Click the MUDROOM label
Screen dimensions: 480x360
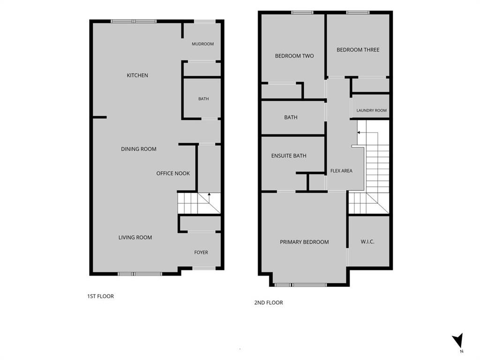click(x=202, y=44)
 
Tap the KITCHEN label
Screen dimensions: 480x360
click(x=137, y=75)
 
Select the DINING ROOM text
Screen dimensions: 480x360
click(x=139, y=149)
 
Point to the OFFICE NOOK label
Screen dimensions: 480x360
click(x=173, y=173)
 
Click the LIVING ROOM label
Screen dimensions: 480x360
click(x=135, y=237)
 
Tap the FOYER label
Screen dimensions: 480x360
click(x=201, y=252)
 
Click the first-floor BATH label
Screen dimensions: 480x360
click(x=203, y=98)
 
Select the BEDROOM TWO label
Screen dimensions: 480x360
click(x=294, y=56)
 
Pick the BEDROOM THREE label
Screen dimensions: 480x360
click(x=358, y=50)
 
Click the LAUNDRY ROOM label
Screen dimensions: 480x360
click(x=371, y=110)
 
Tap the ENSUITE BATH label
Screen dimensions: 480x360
click(x=289, y=156)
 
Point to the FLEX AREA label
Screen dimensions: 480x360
click(x=341, y=171)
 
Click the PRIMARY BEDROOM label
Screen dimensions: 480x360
click(x=304, y=242)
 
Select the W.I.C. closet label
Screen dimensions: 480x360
click(x=367, y=241)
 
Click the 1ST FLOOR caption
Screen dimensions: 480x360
click(x=100, y=296)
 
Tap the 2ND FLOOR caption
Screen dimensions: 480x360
click(x=269, y=302)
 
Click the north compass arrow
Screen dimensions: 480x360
click(x=458, y=340)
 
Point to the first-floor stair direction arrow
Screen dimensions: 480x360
click(x=210, y=197)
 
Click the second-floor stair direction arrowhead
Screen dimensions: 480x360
click(x=359, y=133)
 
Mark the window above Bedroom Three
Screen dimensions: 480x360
click(x=358, y=13)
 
